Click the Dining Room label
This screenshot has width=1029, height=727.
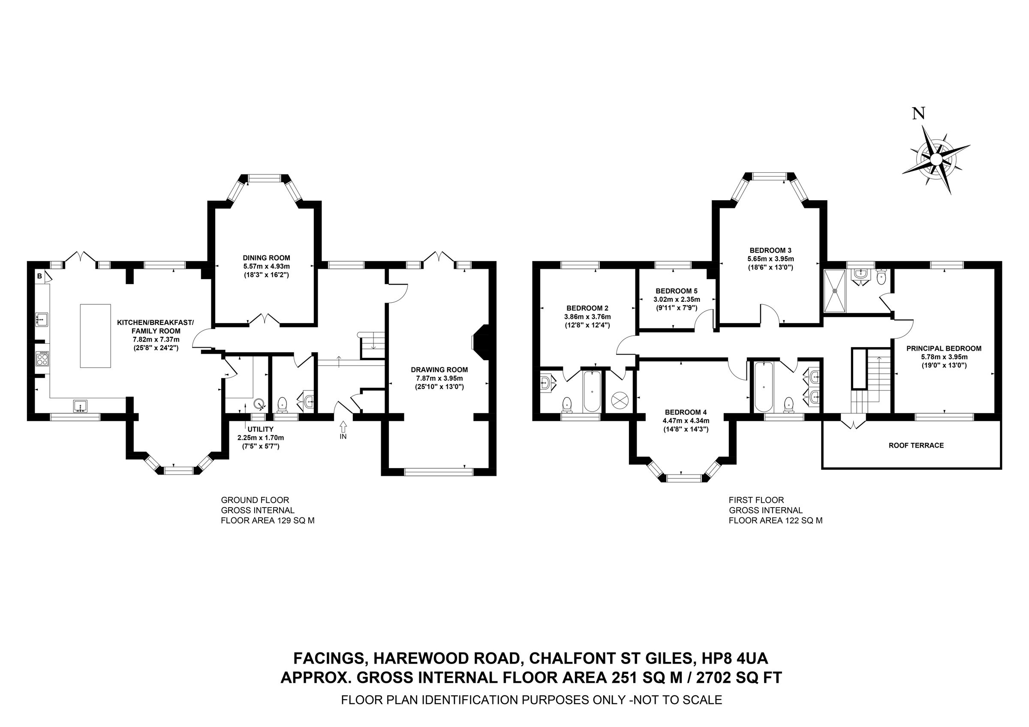[x=266, y=258]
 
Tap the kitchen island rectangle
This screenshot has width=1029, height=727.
[x=96, y=336]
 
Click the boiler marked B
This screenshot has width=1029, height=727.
[x=39, y=276]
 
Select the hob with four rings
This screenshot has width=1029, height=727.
[x=43, y=358]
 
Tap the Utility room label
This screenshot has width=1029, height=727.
[x=260, y=429]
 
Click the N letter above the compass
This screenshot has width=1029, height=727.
[x=919, y=114]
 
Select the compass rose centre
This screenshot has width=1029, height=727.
[x=936, y=159]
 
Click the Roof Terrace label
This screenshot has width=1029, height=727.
[x=916, y=445]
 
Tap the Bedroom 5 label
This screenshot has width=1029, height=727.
[x=676, y=291]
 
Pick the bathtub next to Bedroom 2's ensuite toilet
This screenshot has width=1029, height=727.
[x=592, y=391]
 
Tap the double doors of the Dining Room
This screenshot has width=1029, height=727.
[x=265, y=319]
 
